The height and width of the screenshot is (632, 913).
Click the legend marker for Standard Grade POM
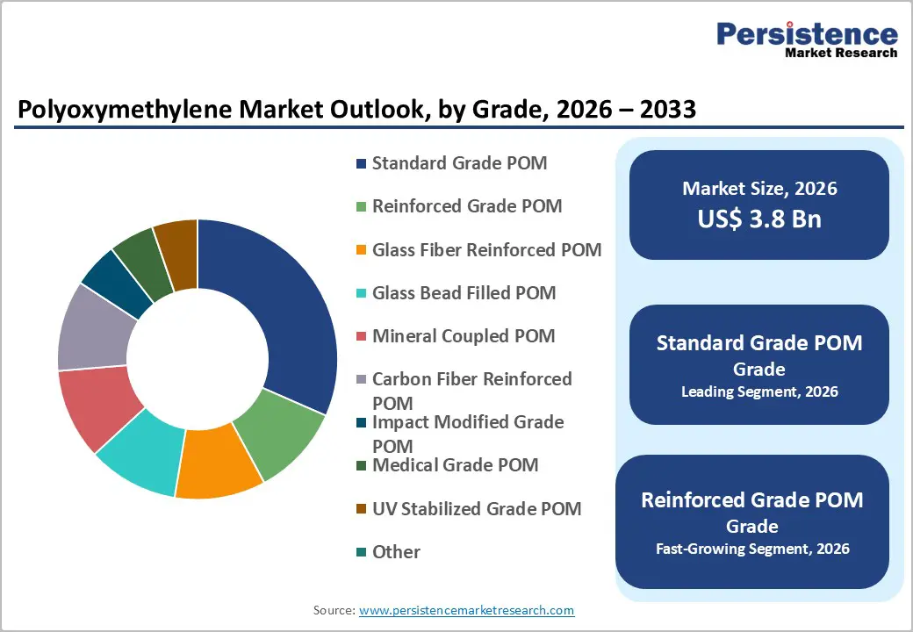click(361, 164)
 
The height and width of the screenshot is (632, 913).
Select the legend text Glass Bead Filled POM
click(464, 292)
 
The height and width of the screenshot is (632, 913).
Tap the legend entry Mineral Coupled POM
click(464, 335)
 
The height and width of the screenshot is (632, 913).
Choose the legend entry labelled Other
click(396, 551)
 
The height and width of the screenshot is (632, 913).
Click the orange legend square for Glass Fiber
click(361, 250)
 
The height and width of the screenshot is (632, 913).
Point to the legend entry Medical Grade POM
click(455, 464)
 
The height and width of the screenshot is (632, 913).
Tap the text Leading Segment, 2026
click(759, 391)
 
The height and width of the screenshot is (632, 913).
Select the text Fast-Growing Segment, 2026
click(752, 549)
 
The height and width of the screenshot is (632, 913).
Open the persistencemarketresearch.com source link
click(466, 609)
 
